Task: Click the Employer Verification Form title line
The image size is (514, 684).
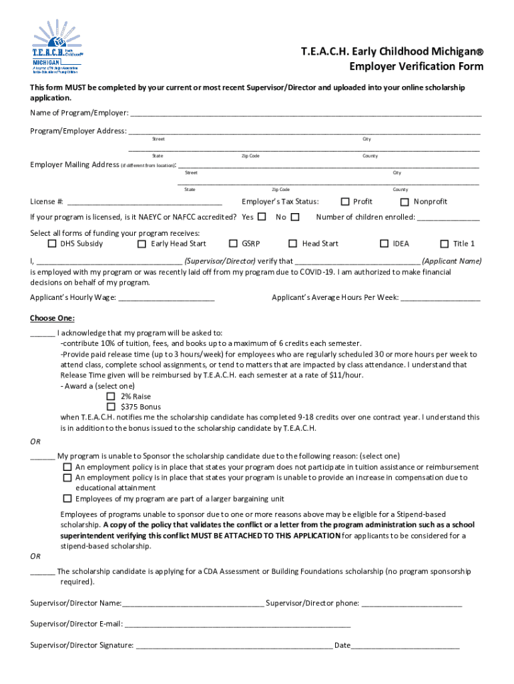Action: [417, 67]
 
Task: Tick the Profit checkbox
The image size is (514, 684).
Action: [345, 202]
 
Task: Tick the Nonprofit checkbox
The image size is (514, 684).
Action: [405, 202]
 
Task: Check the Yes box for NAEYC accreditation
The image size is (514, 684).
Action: [262, 216]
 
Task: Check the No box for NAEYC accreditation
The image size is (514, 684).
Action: [295, 216]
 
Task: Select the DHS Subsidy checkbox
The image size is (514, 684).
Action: [53, 244]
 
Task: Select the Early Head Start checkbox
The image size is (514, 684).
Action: [142, 244]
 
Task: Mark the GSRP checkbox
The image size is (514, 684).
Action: [234, 244]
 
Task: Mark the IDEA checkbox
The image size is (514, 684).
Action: [384, 244]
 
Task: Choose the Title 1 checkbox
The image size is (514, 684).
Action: [445, 244]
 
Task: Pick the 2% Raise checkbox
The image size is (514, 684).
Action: [111, 396]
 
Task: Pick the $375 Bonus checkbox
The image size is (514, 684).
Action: [111, 406]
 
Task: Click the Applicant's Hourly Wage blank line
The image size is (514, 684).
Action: [166, 297]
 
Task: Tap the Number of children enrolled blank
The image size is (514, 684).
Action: [448, 217]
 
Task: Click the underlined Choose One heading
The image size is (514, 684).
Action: [52, 317]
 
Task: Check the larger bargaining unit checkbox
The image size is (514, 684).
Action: [67, 498]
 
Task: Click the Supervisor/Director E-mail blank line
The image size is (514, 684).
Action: [238, 624]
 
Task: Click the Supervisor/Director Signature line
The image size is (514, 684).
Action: [234, 645]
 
